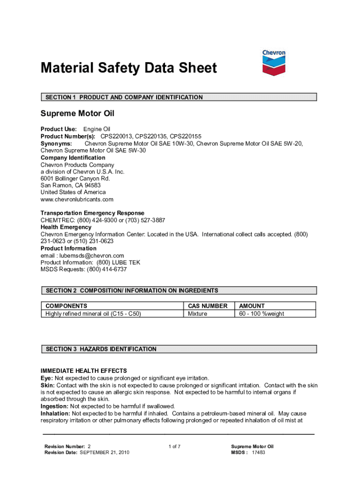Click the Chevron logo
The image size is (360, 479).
click(x=274, y=62)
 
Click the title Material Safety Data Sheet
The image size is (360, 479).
click(x=129, y=68)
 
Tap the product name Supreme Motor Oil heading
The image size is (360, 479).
click(x=77, y=113)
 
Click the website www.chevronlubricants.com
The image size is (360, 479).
click(x=77, y=199)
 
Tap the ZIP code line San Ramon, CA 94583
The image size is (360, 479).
click(x=71, y=185)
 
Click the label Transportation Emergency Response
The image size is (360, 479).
click(x=93, y=213)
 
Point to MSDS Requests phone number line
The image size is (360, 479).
click(x=84, y=269)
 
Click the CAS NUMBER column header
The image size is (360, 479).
click(x=208, y=306)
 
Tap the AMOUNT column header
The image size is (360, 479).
click(x=252, y=306)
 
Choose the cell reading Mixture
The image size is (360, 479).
click(x=197, y=313)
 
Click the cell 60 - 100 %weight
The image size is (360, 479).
click(x=261, y=313)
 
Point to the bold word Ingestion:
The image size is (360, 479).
click(x=55, y=406)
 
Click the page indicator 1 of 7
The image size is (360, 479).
click(x=174, y=446)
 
